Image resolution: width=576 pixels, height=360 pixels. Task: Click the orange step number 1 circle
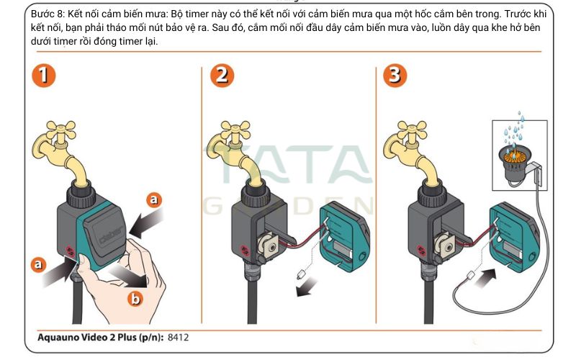coord(44,76)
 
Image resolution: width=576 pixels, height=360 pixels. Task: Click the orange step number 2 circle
coord(222,76)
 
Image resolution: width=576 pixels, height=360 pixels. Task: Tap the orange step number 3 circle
coord(395,76)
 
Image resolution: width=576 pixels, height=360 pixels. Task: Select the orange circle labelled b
coord(135,298)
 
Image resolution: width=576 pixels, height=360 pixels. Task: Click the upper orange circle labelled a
coord(154,200)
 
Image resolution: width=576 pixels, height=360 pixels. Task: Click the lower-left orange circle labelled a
coord(38,264)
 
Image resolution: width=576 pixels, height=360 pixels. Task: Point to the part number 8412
coord(178,337)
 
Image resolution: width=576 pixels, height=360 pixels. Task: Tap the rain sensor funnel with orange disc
coord(513,161)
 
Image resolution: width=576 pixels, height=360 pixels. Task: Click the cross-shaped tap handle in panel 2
coord(235,131)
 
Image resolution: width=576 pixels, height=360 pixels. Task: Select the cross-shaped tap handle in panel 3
coord(412,131)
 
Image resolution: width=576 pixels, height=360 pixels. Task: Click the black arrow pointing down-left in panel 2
coord(307,287)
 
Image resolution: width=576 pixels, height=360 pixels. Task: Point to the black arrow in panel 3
coord(485,279)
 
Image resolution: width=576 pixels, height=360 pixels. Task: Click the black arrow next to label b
coord(129,276)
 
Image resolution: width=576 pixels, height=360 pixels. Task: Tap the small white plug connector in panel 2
coord(302,274)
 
